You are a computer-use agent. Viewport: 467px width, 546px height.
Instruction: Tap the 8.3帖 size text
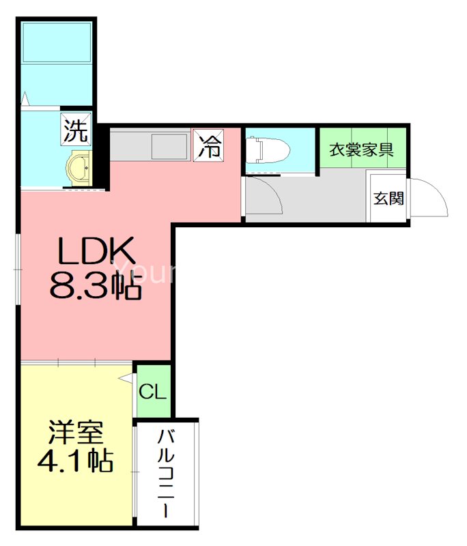[95, 289]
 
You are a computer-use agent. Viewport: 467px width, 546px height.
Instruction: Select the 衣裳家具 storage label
[361, 149]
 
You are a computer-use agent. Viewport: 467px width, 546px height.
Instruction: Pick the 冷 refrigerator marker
[209, 145]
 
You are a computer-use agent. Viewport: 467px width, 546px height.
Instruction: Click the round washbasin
[79, 165]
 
